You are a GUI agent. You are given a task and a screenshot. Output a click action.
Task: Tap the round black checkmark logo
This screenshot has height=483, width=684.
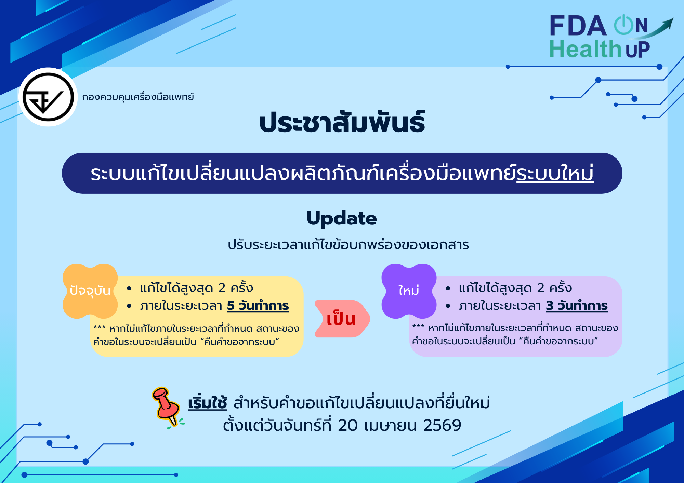[48, 97]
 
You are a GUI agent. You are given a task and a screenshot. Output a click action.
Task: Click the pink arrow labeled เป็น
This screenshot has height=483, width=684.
[341, 319]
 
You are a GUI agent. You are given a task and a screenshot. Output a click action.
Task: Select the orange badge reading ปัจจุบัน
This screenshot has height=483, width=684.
[90, 291]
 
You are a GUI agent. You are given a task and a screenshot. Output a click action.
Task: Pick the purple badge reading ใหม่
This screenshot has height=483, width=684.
[409, 291]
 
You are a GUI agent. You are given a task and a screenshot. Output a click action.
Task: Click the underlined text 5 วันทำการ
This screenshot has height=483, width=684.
[258, 305]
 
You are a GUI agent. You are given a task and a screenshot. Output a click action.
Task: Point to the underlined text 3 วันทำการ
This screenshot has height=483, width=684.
[577, 305]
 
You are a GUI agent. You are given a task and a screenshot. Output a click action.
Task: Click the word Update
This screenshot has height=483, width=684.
[341, 218]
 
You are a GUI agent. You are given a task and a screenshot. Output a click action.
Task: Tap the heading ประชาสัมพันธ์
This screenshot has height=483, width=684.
[342, 123]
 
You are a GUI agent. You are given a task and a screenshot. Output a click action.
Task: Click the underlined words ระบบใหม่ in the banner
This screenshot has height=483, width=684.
[555, 174]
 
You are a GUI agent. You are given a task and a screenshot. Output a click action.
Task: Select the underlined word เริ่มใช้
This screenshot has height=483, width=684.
[207, 403]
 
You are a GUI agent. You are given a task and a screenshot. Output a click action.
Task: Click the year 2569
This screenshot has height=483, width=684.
[442, 426]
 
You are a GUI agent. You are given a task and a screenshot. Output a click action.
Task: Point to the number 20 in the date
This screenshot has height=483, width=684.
[347, 426]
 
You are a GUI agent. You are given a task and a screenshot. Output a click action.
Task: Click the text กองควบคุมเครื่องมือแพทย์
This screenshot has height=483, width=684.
[138, 97]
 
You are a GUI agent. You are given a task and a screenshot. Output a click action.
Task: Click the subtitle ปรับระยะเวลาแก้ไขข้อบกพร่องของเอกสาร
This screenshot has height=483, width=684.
[348, 245]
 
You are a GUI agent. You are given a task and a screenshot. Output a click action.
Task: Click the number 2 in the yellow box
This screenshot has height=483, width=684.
[222, 288]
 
